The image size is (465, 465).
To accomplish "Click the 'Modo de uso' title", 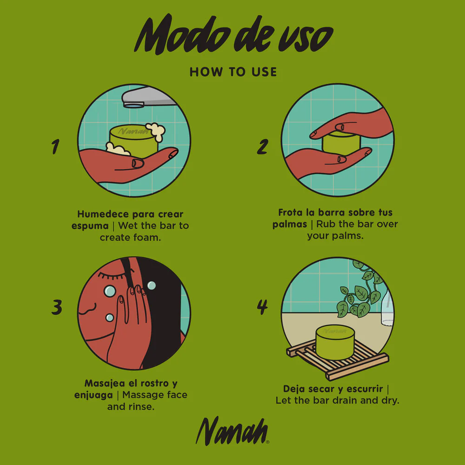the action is tap(234, 35).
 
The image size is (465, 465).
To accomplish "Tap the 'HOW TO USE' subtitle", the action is tap(233, 72).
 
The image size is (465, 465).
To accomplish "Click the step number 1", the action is tap(55, 146).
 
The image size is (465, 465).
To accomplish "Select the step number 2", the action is tap(263, 146).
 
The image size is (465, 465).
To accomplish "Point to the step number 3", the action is tap(57, 307).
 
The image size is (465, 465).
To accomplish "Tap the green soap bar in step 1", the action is tap(134, 141).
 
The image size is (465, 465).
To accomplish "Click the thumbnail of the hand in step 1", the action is tap(138, 163).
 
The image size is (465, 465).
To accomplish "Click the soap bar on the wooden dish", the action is tap(335, 342).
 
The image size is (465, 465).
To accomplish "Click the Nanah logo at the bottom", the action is tap(232, 431).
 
